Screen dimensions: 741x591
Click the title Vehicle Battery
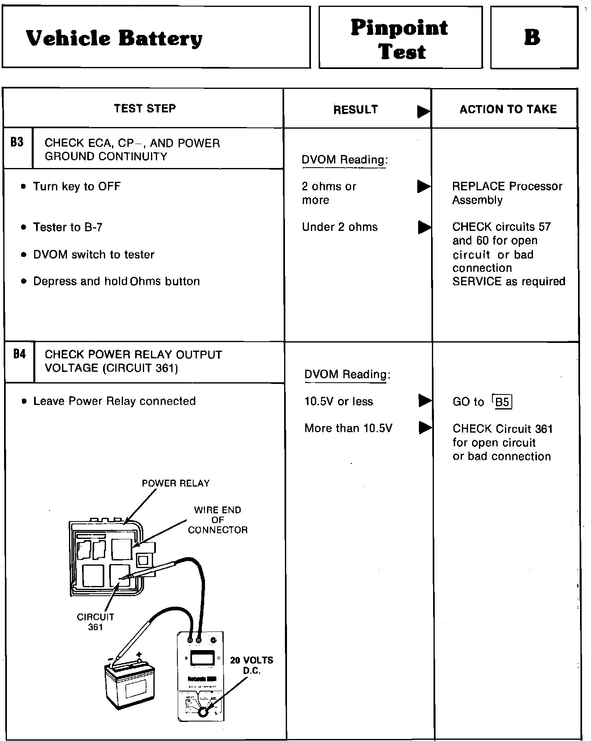114,39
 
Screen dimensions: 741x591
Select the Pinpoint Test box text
400,39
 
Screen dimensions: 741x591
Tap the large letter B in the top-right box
532,37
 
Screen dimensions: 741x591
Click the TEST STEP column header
145,108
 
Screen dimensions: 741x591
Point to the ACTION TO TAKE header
508,109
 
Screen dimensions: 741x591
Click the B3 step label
17,142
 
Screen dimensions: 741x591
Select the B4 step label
19,354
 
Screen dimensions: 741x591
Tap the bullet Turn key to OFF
77,186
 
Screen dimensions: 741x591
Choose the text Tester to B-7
68,227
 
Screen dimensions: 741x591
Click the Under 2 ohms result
340,227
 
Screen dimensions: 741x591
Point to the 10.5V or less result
339,401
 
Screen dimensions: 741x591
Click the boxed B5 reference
503,402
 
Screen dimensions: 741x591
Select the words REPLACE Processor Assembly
507,193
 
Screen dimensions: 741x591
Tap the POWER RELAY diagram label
176,483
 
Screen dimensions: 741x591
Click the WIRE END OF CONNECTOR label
218,520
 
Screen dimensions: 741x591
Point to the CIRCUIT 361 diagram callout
95,622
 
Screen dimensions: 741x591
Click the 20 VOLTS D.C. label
252,666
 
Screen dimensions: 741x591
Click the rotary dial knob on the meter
203,711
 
